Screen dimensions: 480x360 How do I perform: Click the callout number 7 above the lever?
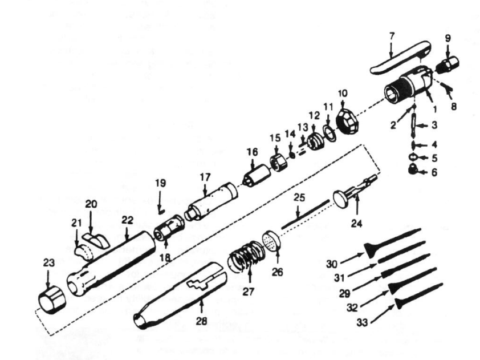pos(392,36)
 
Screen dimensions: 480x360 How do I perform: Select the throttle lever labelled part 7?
pos(401,57)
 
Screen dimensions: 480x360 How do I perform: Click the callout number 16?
pos(252,152)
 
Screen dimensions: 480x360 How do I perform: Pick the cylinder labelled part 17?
pos(211,201)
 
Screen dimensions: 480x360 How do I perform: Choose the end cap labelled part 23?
pos(52,300)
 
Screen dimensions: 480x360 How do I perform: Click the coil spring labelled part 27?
pos(246,256)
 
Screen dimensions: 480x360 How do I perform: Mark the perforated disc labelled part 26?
pos(271,241)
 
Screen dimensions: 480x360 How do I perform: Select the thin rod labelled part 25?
pos(305,214)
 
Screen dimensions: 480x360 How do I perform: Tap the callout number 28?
pos(201,321)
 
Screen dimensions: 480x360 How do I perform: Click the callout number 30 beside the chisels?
pos(332,264)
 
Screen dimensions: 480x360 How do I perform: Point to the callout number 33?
pos(362,322)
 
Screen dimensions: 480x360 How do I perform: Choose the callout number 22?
pos(127,220)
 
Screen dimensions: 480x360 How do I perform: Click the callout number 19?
pos(160,183)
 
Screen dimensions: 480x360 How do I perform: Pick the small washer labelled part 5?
pos(413,157)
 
